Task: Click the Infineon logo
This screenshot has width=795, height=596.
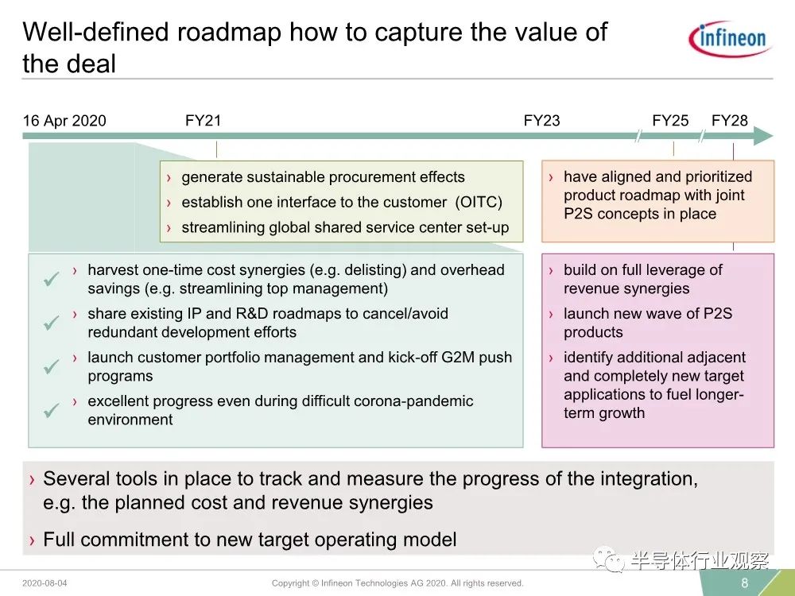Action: (x=730, y=38)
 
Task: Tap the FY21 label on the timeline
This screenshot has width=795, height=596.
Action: (x=204, y=121)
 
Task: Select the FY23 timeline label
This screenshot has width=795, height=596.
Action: (x=541, y=121)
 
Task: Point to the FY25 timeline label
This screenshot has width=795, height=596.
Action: (x=670, y=121)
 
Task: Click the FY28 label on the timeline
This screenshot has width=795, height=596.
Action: (x=730, y=121)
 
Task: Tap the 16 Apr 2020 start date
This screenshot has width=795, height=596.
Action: (x=64, y=121)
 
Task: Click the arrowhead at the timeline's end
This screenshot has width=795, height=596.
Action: (x=763, y=136)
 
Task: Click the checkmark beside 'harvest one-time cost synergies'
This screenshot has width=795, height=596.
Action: (x=51, y=278)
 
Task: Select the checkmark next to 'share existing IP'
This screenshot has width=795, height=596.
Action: (x=51, y=323)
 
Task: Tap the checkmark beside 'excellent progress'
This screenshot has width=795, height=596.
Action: (x=51, y=409)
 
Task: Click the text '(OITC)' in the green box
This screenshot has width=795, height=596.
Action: (x=479, y=202)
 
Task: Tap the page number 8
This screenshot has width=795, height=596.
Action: (x=744, y=582)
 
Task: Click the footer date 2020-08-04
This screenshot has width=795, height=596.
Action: (x=45, y=583)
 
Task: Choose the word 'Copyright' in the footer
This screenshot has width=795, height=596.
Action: (x=290, y=583)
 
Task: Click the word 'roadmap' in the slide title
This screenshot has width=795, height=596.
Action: (x=229, y=32)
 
